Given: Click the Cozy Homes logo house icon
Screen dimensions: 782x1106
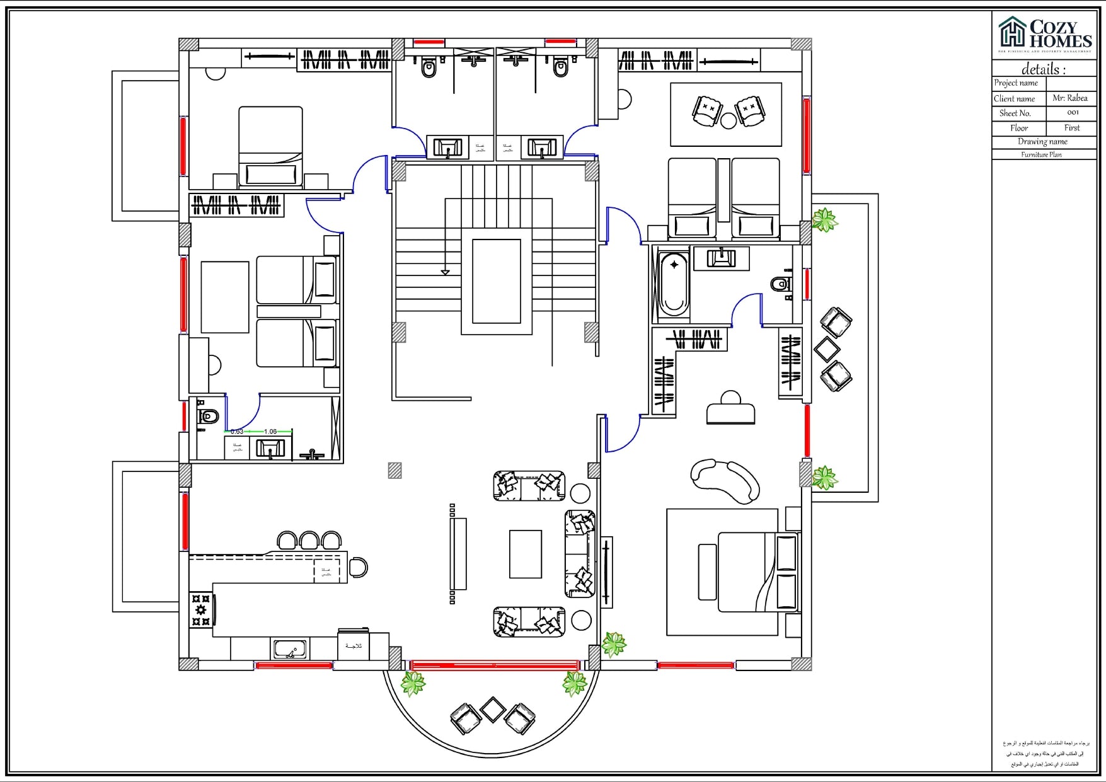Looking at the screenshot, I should click(1012, 32).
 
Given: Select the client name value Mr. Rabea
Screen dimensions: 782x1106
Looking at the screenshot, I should click(1069, 98).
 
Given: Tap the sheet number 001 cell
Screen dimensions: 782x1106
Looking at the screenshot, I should click(1073, 113).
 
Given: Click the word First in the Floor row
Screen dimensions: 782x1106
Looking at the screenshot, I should click(1071, 128).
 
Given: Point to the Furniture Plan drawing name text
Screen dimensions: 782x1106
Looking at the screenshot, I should click(1041, 154).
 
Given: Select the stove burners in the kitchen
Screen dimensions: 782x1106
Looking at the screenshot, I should click(201, 609).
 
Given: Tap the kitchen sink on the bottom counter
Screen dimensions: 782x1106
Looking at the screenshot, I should click(290, 648).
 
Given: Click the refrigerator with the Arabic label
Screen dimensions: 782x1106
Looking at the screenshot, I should click(354, 645).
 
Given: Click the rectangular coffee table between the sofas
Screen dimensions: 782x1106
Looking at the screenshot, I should click(526, 554).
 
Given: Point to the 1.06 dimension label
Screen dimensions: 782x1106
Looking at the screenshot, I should click(270, 432).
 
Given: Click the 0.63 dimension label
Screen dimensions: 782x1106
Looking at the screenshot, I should click(237, 432).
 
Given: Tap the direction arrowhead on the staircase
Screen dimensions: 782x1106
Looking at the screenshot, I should click(445, 272).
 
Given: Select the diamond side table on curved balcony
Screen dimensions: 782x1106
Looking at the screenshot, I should click(492, 710).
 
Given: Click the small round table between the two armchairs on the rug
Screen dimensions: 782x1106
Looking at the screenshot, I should click(729, 120).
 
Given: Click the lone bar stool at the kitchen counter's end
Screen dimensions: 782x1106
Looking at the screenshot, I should click(358, 567).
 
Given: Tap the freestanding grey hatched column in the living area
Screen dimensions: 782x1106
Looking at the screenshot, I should click(395, 470).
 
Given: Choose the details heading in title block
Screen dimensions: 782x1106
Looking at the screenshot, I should click(1043, 69).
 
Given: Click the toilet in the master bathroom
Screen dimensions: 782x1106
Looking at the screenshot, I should click(781, 284).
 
